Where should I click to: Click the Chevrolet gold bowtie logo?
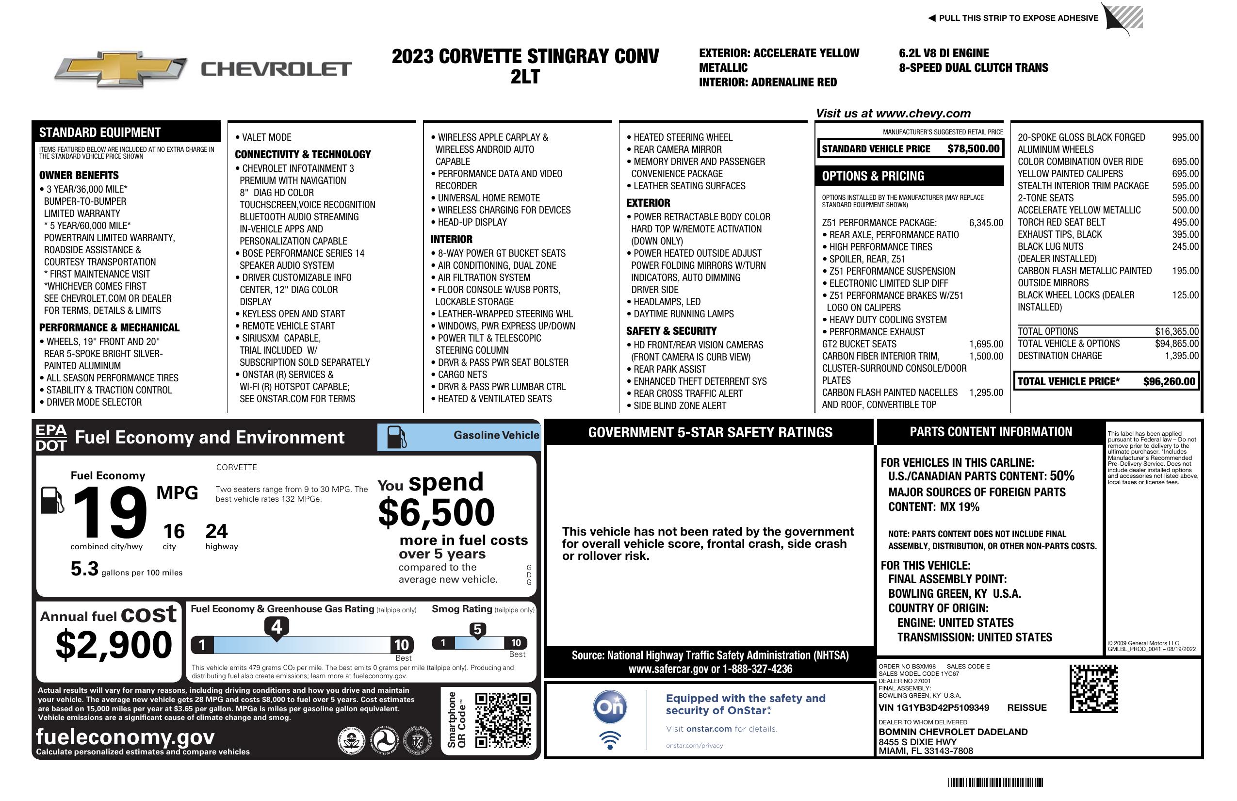(121, 69)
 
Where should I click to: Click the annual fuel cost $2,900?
(114, 645)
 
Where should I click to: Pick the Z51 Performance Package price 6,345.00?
(985, 223)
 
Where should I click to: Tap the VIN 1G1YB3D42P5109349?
(933, 708)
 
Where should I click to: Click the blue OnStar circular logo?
(610, 707)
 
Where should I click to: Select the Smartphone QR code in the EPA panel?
(503, 720)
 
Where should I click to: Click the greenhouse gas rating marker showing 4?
(277, 627)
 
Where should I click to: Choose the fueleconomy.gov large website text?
(125, 736)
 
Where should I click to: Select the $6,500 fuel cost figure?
(436, 512)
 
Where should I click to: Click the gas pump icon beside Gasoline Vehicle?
(397, 437)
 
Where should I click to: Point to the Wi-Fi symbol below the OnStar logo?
(610, 740)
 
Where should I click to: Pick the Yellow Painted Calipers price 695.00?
(1185, 174)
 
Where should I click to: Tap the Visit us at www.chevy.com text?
(893, 114)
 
